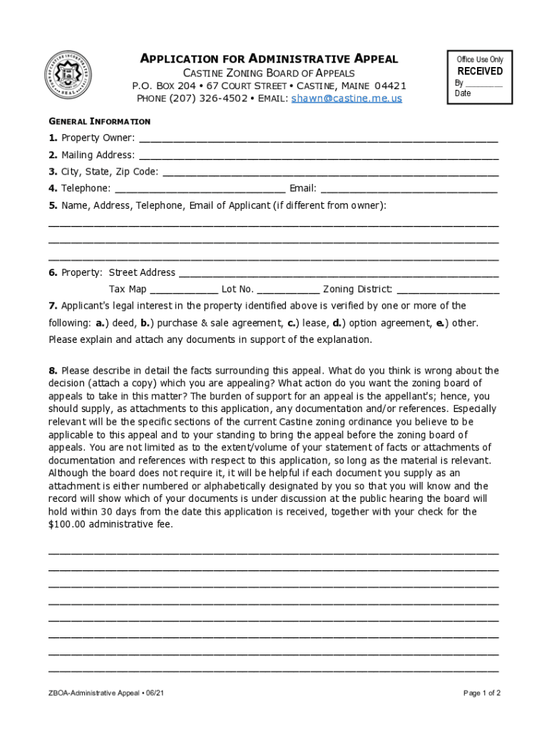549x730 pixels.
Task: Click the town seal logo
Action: point(68,77)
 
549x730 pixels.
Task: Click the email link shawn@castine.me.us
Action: point(347,98)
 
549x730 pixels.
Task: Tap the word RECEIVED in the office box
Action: point(480,71)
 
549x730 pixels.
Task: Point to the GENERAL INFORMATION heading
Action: point(99,121)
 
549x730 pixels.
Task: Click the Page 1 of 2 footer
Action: point(482,693)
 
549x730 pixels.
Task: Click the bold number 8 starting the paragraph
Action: point(52,371)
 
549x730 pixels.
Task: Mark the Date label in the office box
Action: point(463,93)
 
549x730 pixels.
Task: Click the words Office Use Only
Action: point(480,59)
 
